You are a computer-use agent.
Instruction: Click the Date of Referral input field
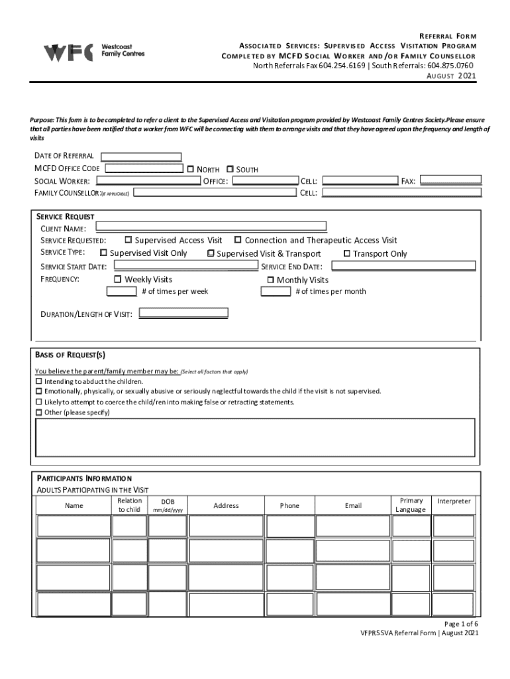pos(140,157)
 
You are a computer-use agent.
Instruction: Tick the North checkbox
pos(190,169)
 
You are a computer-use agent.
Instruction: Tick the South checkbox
pos(230,169)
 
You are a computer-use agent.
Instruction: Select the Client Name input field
pos(207,227)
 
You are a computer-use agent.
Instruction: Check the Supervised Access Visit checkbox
pos(128,240)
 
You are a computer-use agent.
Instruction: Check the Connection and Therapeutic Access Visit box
pos(238,240)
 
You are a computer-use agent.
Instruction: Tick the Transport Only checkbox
pos(346,253)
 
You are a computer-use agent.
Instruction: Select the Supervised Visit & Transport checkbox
pos(211,253)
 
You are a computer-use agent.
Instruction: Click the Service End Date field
pos(403,266)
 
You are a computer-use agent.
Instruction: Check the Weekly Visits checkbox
pos(119,279)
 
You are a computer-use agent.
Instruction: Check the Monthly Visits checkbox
pos(270,280)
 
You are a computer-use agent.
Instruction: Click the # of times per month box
pos(276,292)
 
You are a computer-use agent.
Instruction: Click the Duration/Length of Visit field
pos(183,313)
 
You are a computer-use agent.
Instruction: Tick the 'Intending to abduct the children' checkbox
pos(38,381)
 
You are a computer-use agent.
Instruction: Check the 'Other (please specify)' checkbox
pos(38,412)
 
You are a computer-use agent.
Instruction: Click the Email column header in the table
pos(353,505)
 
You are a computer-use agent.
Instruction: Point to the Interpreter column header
pos(454,501)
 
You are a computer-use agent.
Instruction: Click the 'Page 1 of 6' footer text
pos(460,624)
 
